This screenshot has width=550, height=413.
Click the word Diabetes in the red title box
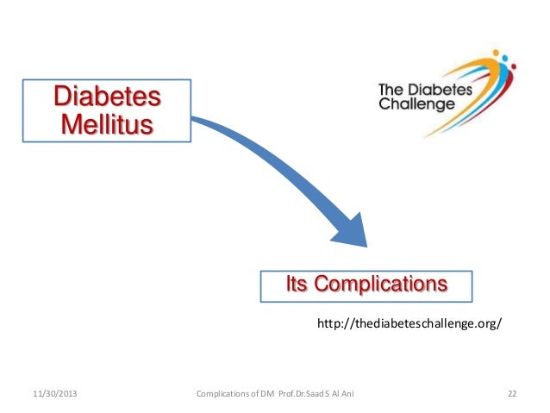pyautogui.click(x=108, y=96)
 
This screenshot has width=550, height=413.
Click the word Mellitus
pyautogui.click(x=108, y=123)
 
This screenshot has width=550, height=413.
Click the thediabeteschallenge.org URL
pyautogui.click(x=409, y=324)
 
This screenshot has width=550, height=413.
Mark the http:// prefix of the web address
pyautogui.click(x=334, y=324)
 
